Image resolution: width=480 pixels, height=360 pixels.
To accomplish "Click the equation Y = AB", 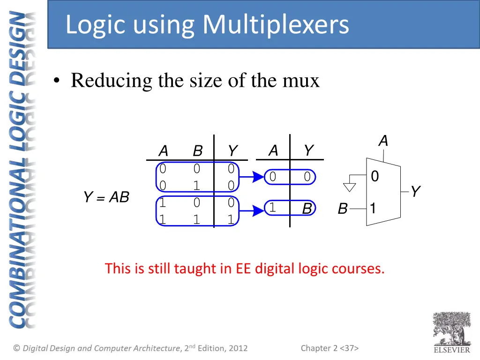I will point(106,197).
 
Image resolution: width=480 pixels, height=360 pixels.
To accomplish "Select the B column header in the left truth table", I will point(197,151).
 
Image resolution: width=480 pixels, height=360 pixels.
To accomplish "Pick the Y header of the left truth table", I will point(232,151).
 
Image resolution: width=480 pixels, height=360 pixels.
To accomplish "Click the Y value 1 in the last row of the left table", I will point(231,219).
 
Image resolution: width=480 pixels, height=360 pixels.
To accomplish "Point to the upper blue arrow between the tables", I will point(253,177).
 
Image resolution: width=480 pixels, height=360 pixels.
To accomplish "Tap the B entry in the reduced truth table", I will point(307,209).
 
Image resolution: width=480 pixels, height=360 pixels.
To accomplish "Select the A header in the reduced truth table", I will point(273,151).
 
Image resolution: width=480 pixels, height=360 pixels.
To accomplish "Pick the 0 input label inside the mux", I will point(375,177).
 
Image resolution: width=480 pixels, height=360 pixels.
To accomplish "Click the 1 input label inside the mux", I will point(373,208).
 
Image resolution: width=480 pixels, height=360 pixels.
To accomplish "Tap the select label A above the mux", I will point(383,141).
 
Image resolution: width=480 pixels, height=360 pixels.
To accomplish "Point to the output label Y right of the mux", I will point(415,192).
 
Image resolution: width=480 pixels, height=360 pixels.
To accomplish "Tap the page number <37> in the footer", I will point(349,348).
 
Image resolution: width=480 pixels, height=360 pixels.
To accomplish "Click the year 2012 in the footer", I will point(238,348).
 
